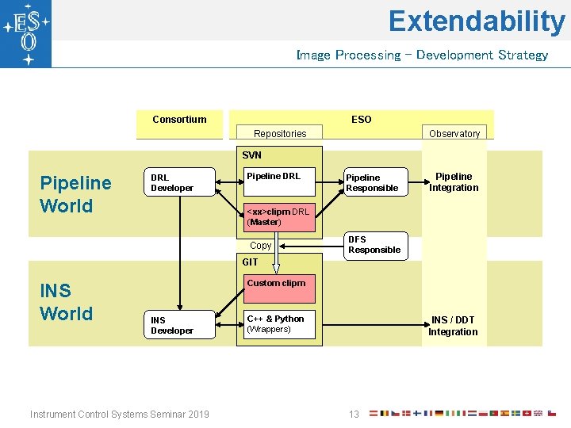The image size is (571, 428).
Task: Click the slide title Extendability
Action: [476, 21]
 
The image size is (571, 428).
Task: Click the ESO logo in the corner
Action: [26, 33]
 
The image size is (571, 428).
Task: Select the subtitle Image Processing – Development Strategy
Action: [421, 55]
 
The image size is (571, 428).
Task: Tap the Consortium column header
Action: [179, 120]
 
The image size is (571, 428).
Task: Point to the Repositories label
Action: [279, 134]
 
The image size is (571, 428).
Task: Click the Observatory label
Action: [454, 134]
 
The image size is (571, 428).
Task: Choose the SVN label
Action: [251, 155]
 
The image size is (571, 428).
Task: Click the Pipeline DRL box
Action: [278, 182]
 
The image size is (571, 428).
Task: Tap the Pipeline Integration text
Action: [454, 182]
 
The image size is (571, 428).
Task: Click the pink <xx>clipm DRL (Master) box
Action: [278, 216]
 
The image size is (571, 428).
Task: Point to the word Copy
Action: [260, 246]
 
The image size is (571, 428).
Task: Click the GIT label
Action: [250, 262]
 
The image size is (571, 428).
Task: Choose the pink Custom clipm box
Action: [278, 289]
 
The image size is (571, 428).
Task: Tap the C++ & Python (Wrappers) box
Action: [278, 324]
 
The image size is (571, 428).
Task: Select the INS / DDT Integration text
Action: [453, 326]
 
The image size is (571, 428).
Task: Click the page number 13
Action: [354, 414]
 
